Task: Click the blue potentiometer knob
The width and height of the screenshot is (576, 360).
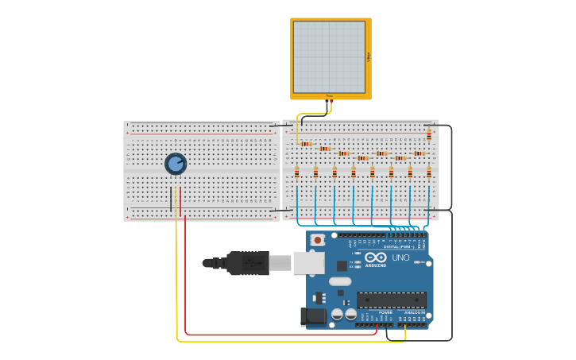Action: coord(176,164)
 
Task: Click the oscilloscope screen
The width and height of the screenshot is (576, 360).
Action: coord(329,56)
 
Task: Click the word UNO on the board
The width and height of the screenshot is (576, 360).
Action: coord(400,257)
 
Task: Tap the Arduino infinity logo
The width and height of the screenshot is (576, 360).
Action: coord(375,257)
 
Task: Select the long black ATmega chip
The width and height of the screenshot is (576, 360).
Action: coord(391,300)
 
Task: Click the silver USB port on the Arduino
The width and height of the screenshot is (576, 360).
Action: coord(308,263)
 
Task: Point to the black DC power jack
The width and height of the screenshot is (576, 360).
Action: coord(315,316)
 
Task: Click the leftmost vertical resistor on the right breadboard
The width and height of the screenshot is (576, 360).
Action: coord(297,172)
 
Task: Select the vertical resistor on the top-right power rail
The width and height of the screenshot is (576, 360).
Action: coord(429,134)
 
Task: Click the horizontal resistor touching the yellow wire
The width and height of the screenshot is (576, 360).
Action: coord(307,144)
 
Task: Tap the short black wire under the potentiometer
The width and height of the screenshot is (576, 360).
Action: coord(171,199)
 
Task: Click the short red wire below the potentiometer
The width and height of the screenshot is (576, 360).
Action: coord(180,199)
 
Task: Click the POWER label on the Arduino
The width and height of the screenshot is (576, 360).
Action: coord(385,312)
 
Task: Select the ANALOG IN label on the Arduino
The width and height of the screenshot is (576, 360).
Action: coord(413,312)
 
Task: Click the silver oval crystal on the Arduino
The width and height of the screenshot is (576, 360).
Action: coord(340,281)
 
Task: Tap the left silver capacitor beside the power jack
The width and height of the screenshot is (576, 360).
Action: coord(338,315)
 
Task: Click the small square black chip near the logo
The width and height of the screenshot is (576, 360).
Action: coord(342,266)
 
